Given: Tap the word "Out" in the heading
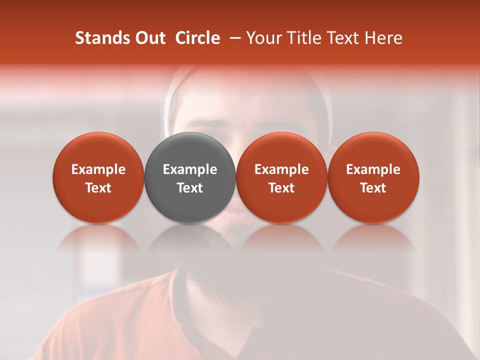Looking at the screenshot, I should (150, 38).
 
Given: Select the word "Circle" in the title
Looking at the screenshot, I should (198, 38).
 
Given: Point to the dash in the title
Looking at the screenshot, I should (232, 38).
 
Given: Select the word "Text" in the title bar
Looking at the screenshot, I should (345, 38).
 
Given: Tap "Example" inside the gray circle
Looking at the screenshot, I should (190, 169).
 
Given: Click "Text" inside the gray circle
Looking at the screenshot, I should (190, 188).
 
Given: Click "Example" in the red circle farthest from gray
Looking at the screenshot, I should (373, 169).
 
